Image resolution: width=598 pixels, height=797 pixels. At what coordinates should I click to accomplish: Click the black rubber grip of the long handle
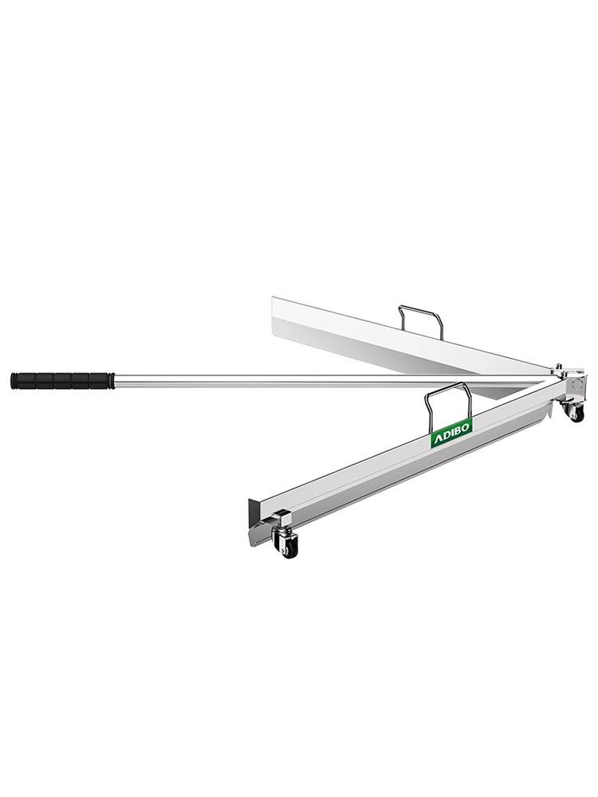click(x=61, y=380)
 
